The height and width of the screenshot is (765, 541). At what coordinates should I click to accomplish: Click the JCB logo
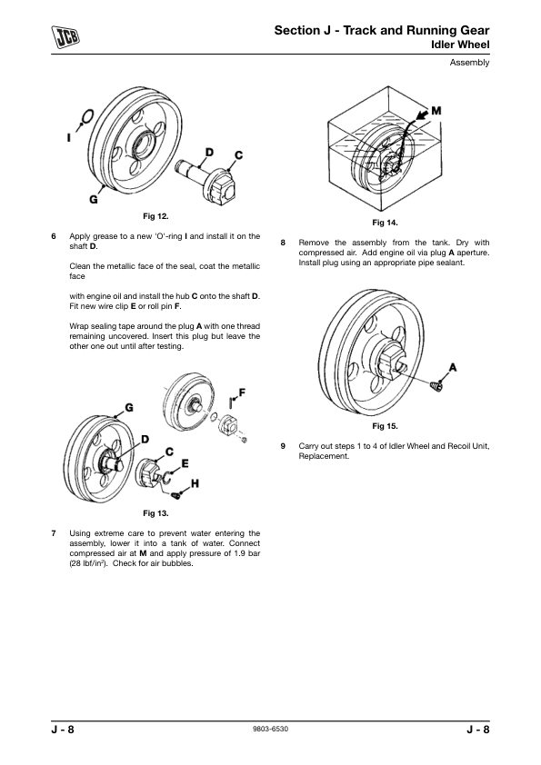coord(65,37)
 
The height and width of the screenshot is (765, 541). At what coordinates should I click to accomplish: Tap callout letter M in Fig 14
coord(436,111)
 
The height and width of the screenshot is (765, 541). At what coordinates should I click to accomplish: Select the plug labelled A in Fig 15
coord(436,386)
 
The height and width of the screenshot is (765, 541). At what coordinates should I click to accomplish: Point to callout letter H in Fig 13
coord(195,483)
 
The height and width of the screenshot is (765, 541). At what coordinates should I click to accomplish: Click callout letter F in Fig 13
coord(242,392)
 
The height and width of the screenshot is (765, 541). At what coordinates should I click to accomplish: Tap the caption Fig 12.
coord(155,215)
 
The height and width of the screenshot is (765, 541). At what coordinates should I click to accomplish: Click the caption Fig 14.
coord(385,223)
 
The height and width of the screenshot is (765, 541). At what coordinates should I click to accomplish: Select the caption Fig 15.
coord(385,426)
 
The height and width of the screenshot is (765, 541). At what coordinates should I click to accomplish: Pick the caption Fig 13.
coord(155,513)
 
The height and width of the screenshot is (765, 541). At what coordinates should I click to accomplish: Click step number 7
coord(54,533)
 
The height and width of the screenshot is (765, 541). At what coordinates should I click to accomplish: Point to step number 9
coord(283,446)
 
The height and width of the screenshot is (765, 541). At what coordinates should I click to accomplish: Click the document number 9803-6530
coord(271,730)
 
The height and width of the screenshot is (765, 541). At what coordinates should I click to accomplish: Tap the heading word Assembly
coord(469,63)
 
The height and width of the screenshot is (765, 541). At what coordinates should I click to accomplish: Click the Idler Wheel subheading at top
coord(460,45)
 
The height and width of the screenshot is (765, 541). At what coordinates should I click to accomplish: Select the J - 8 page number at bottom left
coord(63,730)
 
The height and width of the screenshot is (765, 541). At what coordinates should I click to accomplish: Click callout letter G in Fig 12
coord(93,200)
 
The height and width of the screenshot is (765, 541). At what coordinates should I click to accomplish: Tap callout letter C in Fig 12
coord(238,155)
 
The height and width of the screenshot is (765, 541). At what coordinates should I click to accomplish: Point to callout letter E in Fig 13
coord(185,463)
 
